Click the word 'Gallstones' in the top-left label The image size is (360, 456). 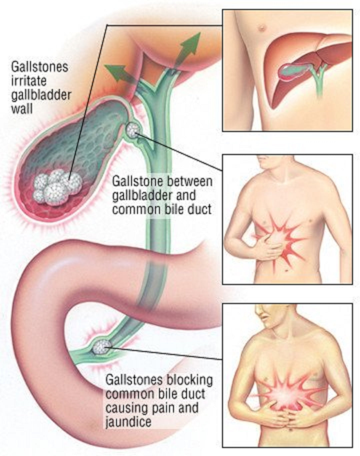click(x=40, y=67)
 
